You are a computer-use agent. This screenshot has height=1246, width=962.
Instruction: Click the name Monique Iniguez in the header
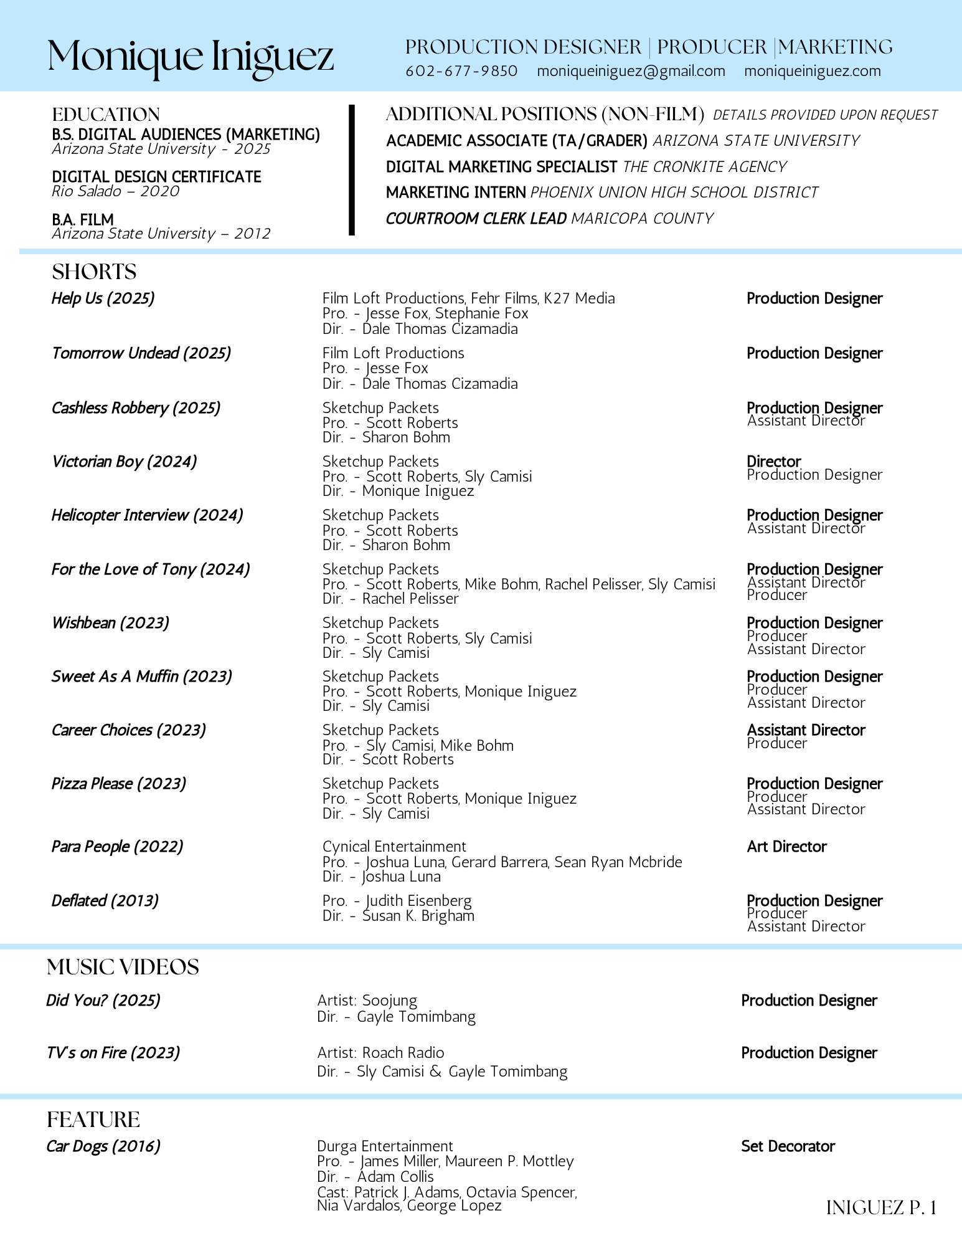191,57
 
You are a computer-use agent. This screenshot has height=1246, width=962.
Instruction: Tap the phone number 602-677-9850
461,71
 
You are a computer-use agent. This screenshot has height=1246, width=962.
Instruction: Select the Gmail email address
631,71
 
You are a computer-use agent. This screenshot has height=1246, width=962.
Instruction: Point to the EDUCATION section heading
106,115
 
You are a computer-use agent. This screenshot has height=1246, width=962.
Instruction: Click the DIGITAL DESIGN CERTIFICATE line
156,177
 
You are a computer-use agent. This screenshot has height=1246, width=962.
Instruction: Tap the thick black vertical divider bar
352,170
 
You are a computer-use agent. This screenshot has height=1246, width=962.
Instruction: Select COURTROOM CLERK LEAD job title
476,219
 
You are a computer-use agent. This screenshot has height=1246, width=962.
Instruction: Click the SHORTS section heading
94,272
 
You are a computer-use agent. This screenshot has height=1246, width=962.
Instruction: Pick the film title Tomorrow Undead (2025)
141,353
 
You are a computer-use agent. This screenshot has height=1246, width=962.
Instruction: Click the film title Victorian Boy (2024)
124,462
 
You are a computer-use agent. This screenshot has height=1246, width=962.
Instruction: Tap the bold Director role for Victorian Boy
773,462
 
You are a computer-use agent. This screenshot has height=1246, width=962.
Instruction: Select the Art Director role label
786,847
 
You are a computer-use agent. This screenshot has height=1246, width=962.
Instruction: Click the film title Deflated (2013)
105,901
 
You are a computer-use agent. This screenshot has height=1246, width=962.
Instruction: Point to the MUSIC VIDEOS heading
123,967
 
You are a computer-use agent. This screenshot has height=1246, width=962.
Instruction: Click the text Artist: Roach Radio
380,1053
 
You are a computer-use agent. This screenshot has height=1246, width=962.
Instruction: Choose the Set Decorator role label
788,1146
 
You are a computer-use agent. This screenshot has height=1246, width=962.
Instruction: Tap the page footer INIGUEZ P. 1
880,1208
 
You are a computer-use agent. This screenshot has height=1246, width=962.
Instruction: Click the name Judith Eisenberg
418,901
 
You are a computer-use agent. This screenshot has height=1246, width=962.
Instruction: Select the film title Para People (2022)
117,847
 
